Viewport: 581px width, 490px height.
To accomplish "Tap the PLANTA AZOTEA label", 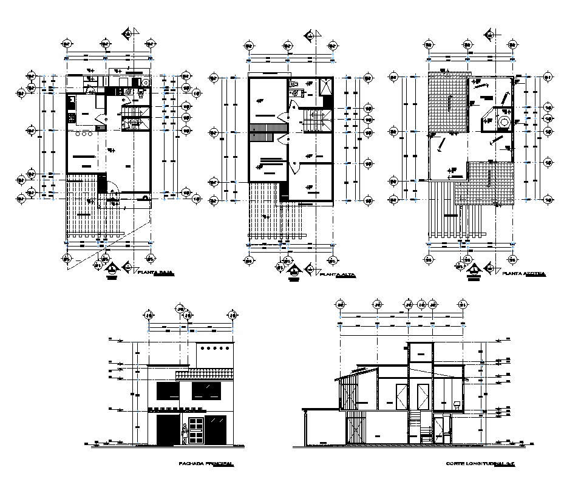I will point(523,274).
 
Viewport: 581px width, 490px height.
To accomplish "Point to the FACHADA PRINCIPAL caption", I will point(206,464).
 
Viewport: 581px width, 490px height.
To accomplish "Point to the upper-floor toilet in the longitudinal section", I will point(457,404).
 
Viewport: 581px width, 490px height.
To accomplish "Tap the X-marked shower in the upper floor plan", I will point(325,86).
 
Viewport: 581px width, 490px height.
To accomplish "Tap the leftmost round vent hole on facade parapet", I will point(206,349).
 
